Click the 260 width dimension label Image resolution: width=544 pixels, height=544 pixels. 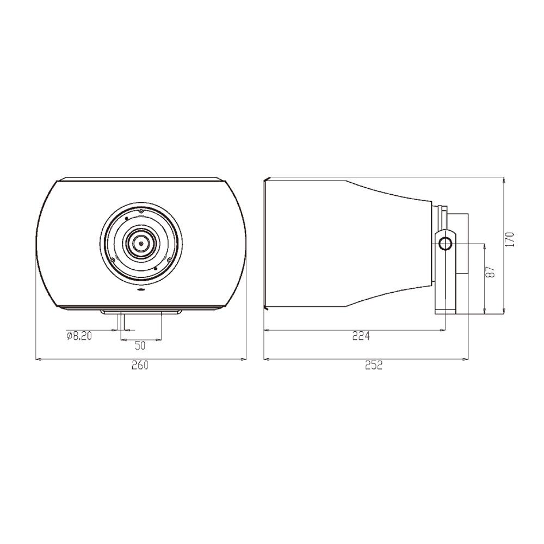pyautogui.click(x=140, y=366)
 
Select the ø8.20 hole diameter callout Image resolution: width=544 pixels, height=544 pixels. pyautogui.click(x=79, y=336)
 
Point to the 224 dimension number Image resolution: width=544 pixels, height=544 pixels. pyautogui.click(x=361, y=336)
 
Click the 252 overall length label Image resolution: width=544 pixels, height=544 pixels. pyautogui.click(x=373, y=366)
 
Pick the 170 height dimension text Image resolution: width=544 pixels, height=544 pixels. pyautogui.click(x=510, y=240)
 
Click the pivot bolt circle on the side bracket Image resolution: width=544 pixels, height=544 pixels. pyautogui.click(x=446, y=243)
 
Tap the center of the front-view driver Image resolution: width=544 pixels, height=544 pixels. pyautogui.click(x=141, y=243)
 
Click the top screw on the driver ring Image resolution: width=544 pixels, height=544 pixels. pyautogui.click(x=141, y=211)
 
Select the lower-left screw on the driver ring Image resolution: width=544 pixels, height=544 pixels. pyautogui.click(x=113, y=260)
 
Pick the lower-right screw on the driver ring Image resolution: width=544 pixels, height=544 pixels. pyautogui.click(x=169, y=260)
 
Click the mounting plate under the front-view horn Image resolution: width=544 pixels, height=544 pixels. pyautogui.click(x=141, y=312)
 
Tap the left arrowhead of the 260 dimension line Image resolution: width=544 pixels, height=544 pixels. pyautogui.click(x=39, y=359)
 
